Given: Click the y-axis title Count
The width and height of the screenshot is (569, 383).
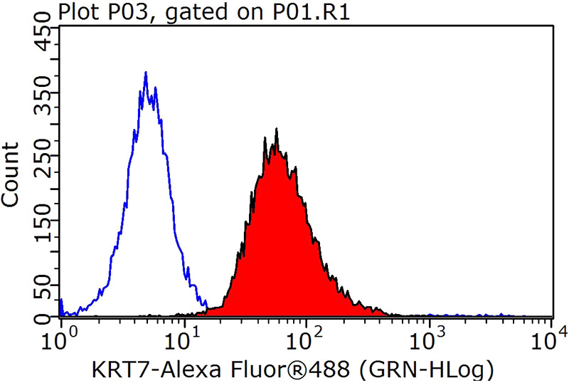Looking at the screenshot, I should point(11,174).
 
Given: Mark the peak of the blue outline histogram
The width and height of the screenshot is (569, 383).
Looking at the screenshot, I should point(146,73).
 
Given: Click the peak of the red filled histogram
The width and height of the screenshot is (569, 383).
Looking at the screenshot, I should point(276,130).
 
